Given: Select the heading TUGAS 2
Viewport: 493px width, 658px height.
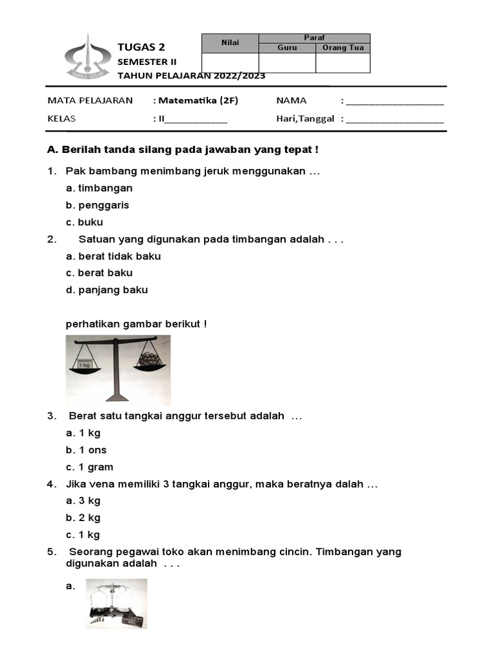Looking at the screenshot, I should coord(141,47).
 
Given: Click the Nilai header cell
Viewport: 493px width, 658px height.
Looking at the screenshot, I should coord(230,43).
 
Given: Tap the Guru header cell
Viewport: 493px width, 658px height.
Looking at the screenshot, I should coord(287,48).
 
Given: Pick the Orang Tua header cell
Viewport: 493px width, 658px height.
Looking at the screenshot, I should coord(343,48).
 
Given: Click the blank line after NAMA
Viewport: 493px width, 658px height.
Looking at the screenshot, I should coord(394,101).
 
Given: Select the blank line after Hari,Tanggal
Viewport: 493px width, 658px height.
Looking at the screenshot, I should coord(394,119).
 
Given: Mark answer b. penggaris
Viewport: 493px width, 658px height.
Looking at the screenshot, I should coord(97,205).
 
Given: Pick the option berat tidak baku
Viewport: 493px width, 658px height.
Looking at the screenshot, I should coord(113,256).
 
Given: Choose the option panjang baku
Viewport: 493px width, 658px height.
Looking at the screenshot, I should coord(107,290).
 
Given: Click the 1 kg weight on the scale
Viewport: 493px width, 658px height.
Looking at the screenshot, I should coord(84,364).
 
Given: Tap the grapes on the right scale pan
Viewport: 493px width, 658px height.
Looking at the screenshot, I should coord(150,359).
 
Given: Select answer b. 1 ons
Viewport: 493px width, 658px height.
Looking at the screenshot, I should coord(86,450).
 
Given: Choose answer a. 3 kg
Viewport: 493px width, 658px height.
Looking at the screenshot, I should coord(83,501).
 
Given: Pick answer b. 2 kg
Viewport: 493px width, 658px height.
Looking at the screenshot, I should coord(83,517).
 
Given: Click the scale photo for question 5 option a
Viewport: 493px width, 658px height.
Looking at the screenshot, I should coord(117,603).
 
